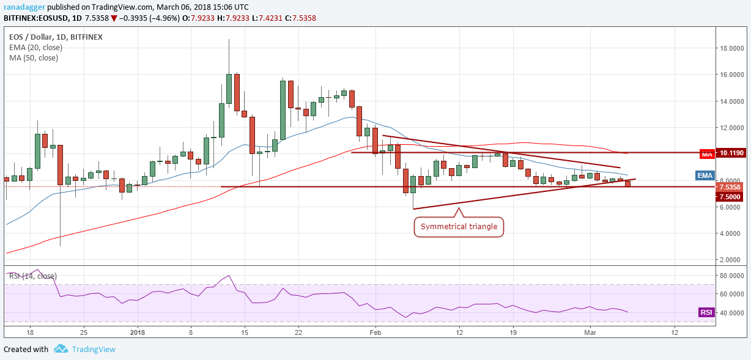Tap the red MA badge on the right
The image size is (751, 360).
(707, 155)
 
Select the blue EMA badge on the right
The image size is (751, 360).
(706, 175)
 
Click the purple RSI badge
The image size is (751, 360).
(706, 312)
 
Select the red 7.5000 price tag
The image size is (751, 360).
(731, 197)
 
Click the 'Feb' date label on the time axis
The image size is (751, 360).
(376, 332)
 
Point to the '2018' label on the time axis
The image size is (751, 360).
(137, 332)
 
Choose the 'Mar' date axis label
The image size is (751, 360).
(590, 332)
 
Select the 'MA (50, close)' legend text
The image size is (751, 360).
(34, 58)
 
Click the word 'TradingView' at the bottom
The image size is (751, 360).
(93, 350)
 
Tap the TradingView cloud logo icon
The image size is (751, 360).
(61, 349)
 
